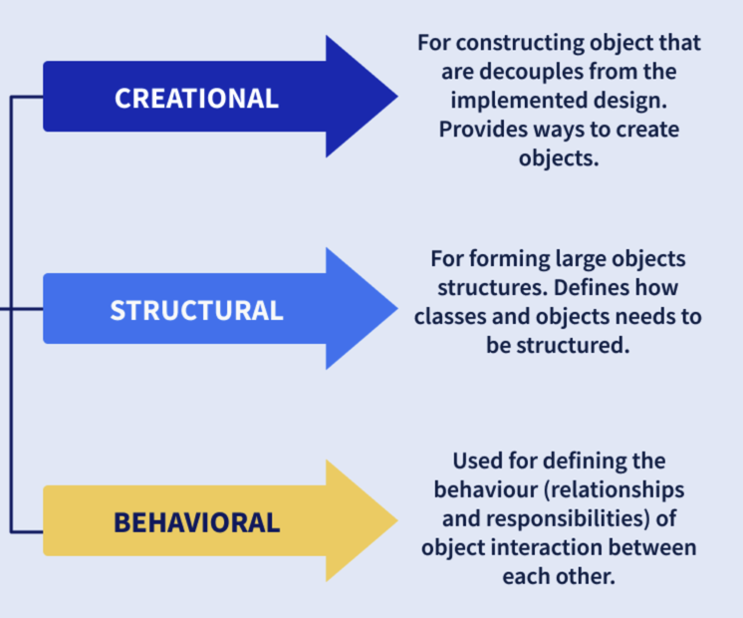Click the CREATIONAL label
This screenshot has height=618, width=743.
[196, 99]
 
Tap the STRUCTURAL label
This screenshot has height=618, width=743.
[196, 311]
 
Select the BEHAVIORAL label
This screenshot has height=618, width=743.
[196, 522]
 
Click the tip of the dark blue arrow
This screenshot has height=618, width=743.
[397, 97]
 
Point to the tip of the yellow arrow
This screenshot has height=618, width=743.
[397, 520]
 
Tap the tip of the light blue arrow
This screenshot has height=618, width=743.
[397, 308]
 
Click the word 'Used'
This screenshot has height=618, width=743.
[477, 461]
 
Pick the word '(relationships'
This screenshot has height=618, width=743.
[615, 490]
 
